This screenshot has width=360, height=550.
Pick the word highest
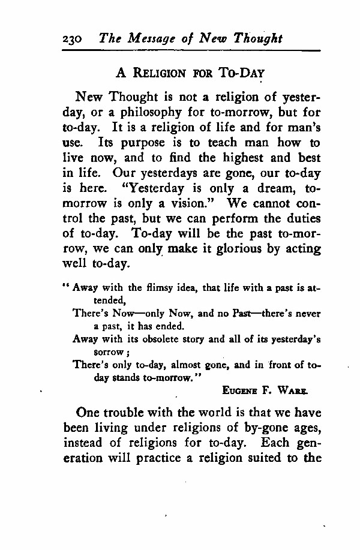tap(242, 159)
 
